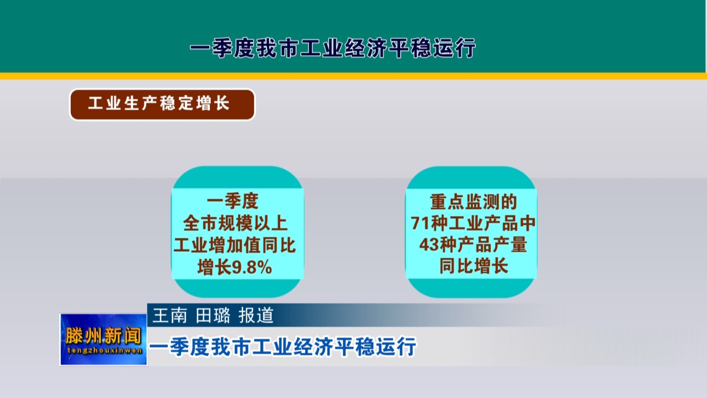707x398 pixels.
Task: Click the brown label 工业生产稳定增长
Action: [162, 104]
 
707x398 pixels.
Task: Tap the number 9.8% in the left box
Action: [252, 268]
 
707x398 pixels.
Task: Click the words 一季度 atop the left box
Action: [233, 201]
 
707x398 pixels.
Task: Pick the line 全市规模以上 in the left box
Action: [235, 223]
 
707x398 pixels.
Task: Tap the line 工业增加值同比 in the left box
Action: [235, 245]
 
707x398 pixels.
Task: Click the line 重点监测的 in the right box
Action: [473, 202]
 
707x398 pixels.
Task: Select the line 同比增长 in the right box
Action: [473, 266]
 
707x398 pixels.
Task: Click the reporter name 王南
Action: [170, 315]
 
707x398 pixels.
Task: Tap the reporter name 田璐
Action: [213, 315]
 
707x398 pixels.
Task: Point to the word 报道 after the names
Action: [256, 315]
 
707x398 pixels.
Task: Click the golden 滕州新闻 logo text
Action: [103, 336]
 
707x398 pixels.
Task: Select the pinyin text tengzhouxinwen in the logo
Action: [104, 351]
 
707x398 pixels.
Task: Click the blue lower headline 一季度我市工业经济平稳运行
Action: [283, 347]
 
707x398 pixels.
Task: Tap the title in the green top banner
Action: [333, 48]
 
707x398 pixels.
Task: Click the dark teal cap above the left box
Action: [237, 177]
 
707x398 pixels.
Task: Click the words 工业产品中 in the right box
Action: [492, 223]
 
